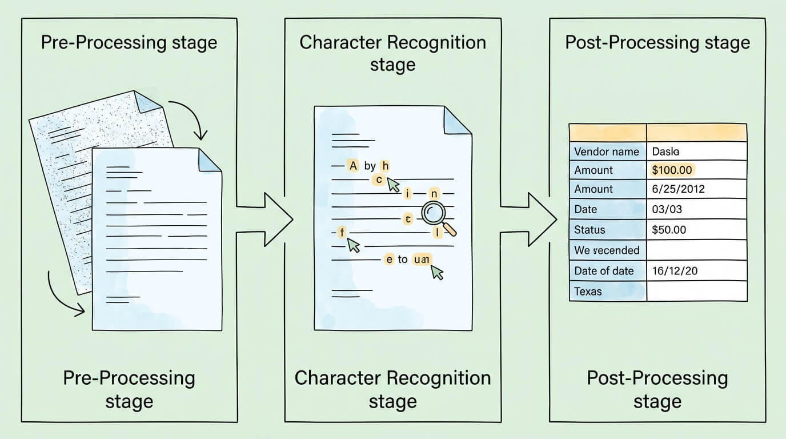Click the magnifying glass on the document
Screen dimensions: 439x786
[435, 214]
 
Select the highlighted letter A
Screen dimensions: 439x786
[353, 166]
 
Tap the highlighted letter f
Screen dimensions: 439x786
[342, 232]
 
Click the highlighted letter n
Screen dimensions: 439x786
[434, 193]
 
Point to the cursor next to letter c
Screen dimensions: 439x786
[393, 184]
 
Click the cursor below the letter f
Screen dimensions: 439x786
[354, 245]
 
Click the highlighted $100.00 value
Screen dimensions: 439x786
[672, 170]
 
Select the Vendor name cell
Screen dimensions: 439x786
[607, 151]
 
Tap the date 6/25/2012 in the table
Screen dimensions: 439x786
[677, 189]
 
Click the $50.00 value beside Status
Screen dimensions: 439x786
[669, 230]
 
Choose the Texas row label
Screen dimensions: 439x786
[588, 291]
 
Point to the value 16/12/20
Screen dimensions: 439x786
[675, 270]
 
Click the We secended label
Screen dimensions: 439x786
[607, 250]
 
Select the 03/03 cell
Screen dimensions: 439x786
[667, 209]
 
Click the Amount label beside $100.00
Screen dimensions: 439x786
[593, 170]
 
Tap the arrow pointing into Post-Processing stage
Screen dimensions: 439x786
[531, 219]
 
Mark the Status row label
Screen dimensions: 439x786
[589, 230]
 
